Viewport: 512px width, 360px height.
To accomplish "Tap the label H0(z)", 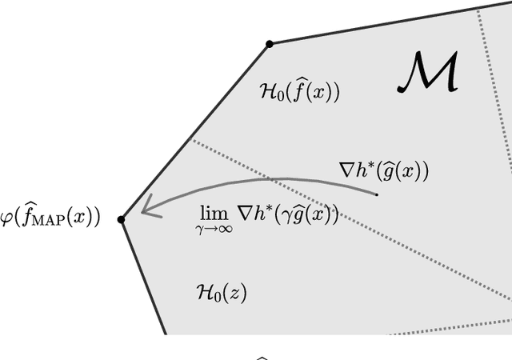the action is pos(221,293).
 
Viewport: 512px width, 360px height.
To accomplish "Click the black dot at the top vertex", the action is pos(270,43).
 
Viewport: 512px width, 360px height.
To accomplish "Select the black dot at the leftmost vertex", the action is pos(122,219).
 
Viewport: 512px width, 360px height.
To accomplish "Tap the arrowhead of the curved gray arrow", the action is pos(148,210).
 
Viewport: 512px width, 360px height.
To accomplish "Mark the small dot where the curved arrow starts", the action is pos(377,194).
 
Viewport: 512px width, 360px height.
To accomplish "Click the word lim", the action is pos(214,213).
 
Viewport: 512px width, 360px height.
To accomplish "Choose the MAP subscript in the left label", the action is pos(47,221).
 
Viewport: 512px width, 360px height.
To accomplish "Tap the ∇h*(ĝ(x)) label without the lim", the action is pos(384,170).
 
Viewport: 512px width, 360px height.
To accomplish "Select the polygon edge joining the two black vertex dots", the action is pos(196,130).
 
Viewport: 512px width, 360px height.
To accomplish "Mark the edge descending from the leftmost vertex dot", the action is pos(142,276).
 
